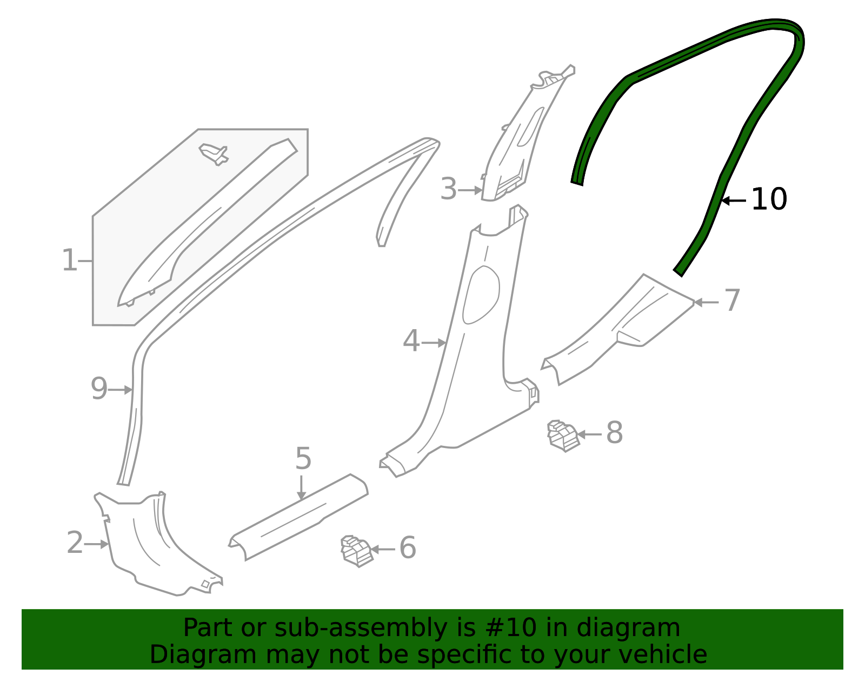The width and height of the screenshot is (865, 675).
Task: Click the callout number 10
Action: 769,199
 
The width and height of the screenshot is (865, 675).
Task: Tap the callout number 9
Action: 99,389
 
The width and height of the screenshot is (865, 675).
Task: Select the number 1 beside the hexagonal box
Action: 69,260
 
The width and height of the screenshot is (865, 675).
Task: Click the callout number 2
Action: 75,543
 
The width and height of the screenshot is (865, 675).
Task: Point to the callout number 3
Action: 448,189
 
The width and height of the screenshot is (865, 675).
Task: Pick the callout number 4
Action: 411,341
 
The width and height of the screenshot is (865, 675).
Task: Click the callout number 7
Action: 731,300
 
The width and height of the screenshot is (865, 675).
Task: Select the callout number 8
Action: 614,433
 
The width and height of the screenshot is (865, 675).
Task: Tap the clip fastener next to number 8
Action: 563,436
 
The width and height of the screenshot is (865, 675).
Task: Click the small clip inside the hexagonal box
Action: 215,153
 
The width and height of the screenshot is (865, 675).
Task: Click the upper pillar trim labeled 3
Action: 519,141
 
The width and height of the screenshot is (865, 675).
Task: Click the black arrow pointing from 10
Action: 734,201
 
